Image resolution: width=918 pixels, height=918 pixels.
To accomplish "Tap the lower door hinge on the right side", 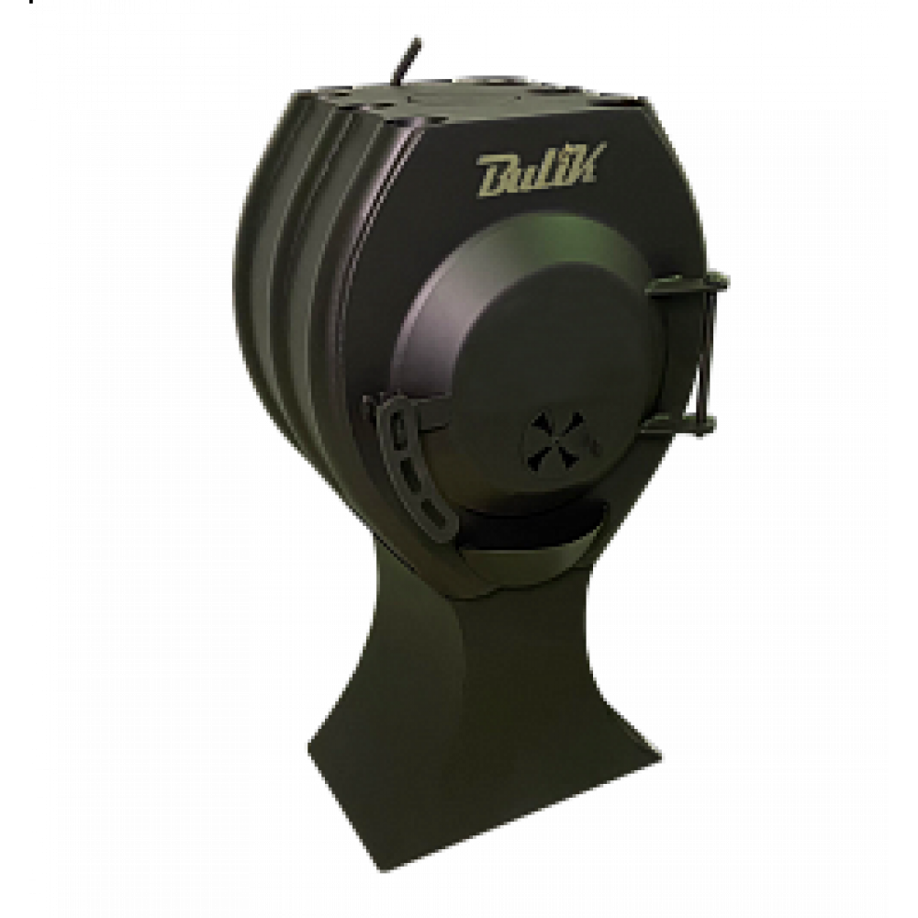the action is click(680, 425).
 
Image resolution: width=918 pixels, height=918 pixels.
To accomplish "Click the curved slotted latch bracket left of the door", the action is click(416, 463).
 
